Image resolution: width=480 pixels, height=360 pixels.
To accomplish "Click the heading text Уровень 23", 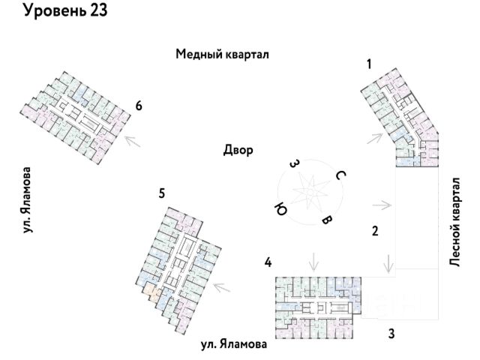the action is coord(65,10).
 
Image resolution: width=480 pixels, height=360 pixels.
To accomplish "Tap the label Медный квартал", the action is coord(222,55).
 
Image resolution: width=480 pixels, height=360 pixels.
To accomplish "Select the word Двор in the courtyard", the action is coord(238,151).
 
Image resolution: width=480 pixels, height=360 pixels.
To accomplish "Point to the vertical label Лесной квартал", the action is coord(455,222).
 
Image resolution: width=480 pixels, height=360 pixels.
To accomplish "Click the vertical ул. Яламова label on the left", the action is coord(27,200).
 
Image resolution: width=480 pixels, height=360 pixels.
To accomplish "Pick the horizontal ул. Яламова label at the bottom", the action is coord(234,344).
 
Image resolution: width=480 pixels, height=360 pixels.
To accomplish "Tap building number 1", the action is coord(369,64).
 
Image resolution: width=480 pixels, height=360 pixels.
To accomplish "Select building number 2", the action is coord(375,231).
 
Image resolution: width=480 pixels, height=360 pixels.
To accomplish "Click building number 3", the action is coord(391,334).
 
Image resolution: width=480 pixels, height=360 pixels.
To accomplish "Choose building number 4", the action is coord(268,262).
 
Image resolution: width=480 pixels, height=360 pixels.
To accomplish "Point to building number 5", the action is coord(162,193).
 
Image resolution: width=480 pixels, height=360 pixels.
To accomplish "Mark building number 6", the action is coord(139,106).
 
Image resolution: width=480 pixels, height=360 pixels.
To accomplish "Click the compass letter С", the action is coord(340,175).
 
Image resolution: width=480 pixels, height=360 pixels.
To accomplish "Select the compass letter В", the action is coord(327,220).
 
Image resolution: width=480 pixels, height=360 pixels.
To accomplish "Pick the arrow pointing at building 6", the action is coord(132,141).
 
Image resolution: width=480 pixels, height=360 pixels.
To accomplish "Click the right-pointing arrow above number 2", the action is coord(382,205).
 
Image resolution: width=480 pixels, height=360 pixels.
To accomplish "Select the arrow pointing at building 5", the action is coord(222,287).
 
